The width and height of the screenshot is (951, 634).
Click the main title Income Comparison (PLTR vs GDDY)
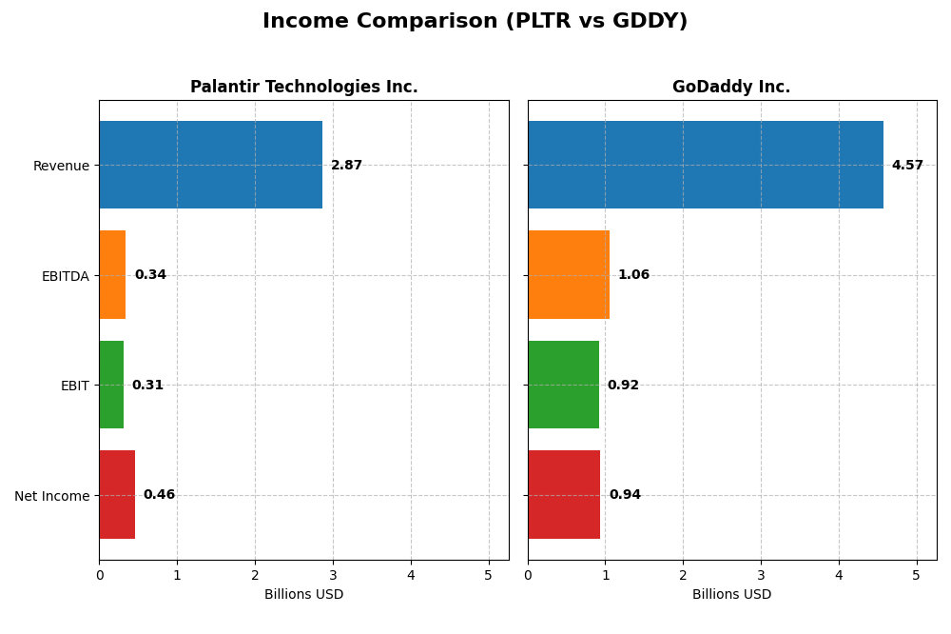tap(475, 21)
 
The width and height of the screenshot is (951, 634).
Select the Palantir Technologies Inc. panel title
tap(303, 87)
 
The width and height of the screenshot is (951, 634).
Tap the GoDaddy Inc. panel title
tap(731, 87)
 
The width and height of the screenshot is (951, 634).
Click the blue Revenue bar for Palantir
tap(210, 165)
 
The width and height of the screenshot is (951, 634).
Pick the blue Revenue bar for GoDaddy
tap(705, 165)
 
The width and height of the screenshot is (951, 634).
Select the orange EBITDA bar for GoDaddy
tap(569, 274)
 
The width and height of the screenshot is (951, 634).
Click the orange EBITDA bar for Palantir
tap(112, 274)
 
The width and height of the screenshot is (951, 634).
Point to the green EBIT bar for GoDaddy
tap(563, 385)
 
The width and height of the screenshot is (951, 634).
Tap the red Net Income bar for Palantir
tap(117, 494)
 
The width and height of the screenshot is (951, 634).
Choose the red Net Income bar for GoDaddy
tap(564, 494)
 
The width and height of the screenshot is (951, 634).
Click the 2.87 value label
tap(346, 166)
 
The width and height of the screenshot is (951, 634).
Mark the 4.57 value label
tap(907, 166)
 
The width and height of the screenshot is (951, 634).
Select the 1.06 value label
tap(633, 275)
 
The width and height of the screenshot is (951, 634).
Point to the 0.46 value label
tap(159, 495)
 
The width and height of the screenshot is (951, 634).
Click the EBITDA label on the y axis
tap(65, 276)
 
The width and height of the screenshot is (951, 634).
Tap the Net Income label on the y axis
tap(51, 496)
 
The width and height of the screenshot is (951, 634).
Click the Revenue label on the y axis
tap(61, 167)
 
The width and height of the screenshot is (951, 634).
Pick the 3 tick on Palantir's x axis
tap(333, 575)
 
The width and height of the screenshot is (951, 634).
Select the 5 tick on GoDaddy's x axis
tap(917, 575)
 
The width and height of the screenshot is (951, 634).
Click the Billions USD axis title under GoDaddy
tap(731, 595)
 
